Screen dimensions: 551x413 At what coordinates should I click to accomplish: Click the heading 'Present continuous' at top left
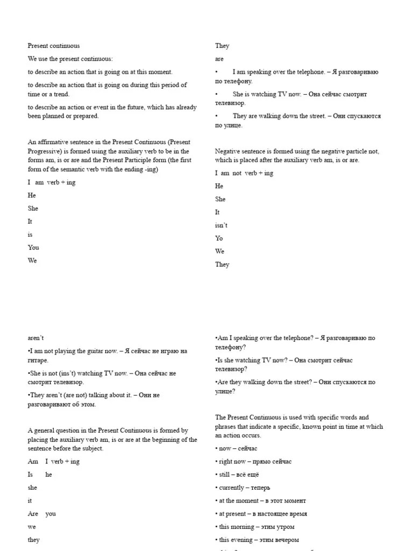pos(54,46)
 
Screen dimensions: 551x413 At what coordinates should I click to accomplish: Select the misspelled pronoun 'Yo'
pos(219,238)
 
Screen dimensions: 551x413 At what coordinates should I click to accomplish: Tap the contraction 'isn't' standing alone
pos(221,225)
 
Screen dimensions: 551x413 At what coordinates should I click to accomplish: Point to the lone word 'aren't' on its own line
pos(35,338)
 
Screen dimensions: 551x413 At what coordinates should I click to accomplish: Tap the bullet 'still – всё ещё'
pos(239,475)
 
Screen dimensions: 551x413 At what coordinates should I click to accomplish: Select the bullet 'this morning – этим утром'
pos(257,527)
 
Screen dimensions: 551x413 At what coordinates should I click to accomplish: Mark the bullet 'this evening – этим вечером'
pos(259,540)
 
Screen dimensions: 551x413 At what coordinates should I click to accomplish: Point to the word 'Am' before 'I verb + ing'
pos(33,462)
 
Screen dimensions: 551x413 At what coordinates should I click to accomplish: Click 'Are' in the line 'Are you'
pos(33,514)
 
